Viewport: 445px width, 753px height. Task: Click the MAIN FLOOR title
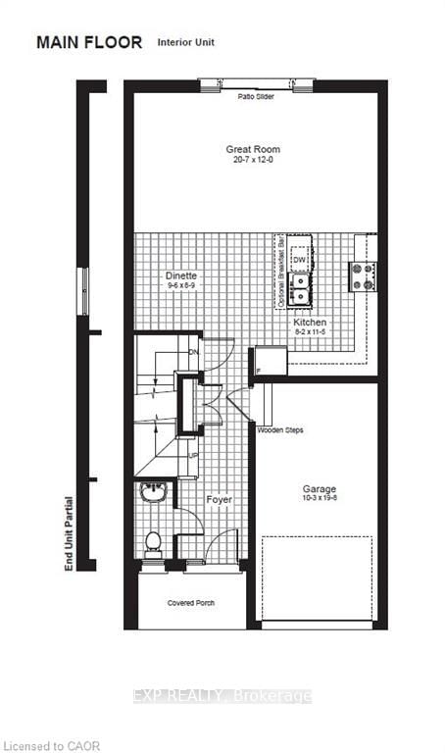pos(89,42)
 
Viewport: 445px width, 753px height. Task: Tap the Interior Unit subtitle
pos(186,43)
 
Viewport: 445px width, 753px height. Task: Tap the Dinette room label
pos(181,277)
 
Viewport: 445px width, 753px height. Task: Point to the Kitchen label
pos(311,323)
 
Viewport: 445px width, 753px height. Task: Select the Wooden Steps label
pos(277,430)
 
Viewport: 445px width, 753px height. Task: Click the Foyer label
pos(218,499)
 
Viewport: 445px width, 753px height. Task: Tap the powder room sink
pos(153,492)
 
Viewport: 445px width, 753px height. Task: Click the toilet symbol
pos(153,540)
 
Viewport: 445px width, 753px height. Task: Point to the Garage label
pos(320,488)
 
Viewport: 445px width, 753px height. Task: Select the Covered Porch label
pos(191,603)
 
